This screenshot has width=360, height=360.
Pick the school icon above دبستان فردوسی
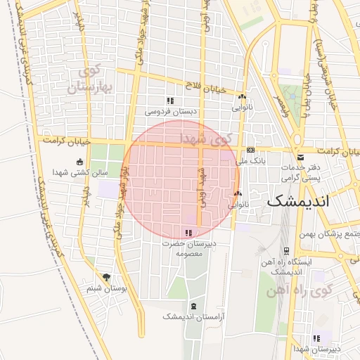(x=170, y=101)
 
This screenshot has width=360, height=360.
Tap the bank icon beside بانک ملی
(x=250, y=150)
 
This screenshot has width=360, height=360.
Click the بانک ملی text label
(x=253, y=161)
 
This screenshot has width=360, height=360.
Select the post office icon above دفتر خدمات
(x=301, y=156)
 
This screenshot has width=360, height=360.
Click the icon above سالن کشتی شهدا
(x=79, y=162)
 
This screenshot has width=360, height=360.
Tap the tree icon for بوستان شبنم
(x=106, y=278)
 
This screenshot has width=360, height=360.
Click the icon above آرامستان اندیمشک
(x=193, y=306)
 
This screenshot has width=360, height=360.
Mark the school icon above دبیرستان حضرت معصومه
(x=188, y=233)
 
